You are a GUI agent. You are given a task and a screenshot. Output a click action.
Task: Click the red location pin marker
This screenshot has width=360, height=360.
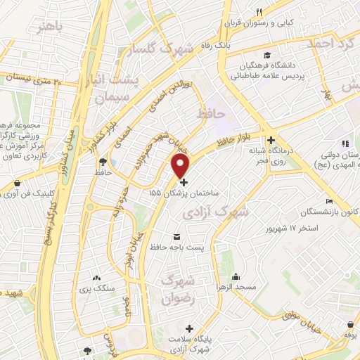point(181,167)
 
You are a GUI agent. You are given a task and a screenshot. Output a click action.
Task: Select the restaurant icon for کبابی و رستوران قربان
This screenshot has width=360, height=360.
point(259,13)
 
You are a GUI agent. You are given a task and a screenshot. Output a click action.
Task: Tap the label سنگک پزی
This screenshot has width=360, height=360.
point(96,289)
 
